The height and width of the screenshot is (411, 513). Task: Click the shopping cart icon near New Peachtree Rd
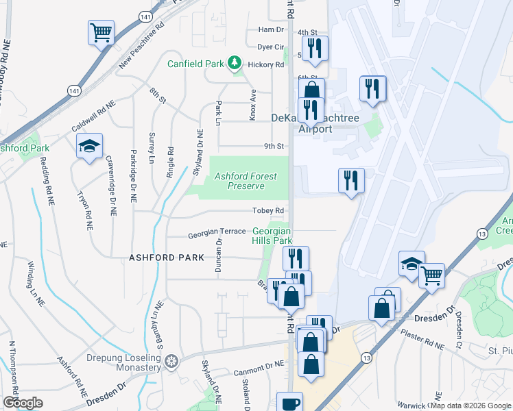(x=101, y=32)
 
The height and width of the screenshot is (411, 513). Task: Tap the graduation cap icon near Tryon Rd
(x=89, y=146)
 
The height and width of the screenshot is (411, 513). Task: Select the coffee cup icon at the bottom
(x=289, y=402)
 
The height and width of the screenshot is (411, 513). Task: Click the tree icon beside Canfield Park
(x=235, y=64)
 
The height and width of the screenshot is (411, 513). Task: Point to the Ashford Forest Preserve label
(x=246, y=180)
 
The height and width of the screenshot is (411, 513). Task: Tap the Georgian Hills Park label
(x=273, y=236)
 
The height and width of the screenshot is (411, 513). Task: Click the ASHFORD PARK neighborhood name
(x=167, y=258)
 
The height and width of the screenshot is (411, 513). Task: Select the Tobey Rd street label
(x=271, y=210)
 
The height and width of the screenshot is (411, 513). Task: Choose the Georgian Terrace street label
(x=217, y=234)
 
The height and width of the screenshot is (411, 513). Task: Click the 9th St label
(x=274, y=146)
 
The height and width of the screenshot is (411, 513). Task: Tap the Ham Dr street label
(x=270, y=30)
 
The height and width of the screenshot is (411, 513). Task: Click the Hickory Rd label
(x=270, y=65)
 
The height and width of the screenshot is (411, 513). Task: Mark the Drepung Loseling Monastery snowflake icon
(x=171, y=360)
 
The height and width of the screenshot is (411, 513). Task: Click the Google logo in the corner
(x=23, y=402)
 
